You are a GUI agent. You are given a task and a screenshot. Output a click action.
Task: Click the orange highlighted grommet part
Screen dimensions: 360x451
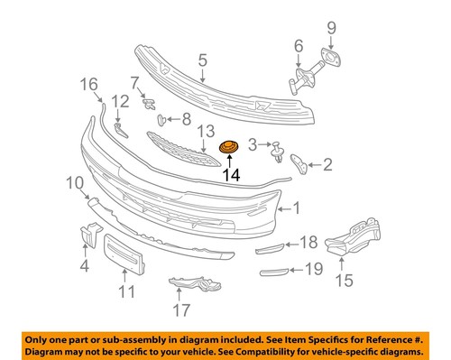tap(229, 148)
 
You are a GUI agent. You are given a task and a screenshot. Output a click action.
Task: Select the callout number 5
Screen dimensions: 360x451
tap(204, 61)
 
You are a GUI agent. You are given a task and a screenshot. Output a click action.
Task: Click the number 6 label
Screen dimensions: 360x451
tap(299, 46)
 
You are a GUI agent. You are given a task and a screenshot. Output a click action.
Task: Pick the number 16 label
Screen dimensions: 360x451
tap(89, 85)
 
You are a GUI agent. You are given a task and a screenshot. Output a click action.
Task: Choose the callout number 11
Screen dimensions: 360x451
tap(126, 291)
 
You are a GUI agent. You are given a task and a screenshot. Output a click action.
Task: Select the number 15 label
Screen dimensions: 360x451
tap(344, 280)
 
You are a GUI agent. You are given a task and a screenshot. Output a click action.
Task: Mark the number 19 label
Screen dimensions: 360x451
tap(313, 268)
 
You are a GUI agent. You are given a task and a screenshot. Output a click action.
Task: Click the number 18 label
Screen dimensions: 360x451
tap(309, 242)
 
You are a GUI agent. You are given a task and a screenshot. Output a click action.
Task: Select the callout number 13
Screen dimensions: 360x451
tap(206, 131)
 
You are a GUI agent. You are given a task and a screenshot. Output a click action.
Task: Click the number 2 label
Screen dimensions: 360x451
tap(327, 164)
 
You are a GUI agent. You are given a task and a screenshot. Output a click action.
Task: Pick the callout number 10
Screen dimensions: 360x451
tap(75, 183)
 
